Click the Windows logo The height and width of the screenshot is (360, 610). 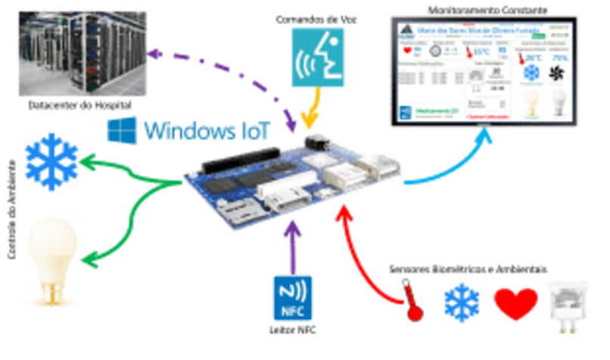[120, 130]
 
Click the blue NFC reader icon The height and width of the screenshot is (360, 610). [291, 297]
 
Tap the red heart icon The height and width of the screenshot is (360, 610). [515, 303]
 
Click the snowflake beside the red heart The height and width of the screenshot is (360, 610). [461, 303]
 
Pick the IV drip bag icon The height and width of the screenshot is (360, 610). [568, 306]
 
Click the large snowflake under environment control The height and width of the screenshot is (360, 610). [51, 161]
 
